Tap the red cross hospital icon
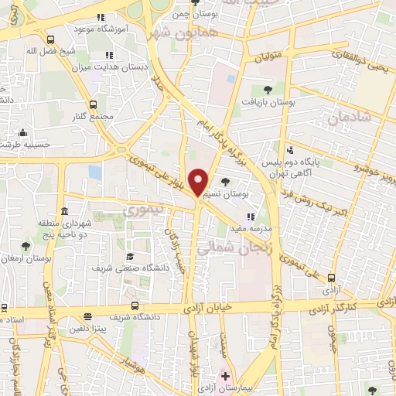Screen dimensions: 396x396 click(225, 377)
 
